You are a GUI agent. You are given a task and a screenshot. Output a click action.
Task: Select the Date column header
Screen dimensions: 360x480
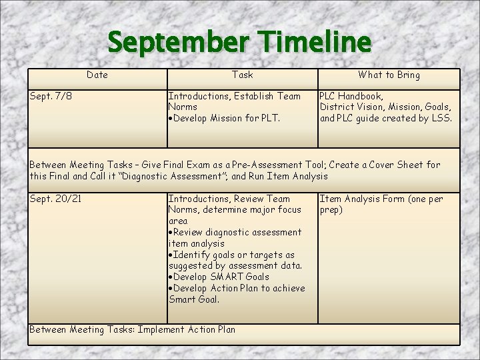coord(97,75)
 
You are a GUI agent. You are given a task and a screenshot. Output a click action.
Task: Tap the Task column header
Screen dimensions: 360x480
coord(243,75)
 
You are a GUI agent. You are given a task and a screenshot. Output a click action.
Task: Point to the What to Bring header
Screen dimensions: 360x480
coord(389,75)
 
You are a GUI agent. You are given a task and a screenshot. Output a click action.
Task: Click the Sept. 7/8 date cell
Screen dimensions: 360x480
coord(51,96)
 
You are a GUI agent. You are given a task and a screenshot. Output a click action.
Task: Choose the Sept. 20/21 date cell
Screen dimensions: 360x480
coord(56,199)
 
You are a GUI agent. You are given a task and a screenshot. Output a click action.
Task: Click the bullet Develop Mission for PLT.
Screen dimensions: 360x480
coord(225,119)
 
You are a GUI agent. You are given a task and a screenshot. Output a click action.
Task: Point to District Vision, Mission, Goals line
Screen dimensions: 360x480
coord(385,107)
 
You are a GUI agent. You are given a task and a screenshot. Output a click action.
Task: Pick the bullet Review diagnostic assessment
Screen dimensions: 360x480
coord(236,232)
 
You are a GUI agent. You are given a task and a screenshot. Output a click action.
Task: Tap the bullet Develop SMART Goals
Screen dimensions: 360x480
coord(220,277)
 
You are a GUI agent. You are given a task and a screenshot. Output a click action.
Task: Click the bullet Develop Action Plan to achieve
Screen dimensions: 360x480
coord(237,288)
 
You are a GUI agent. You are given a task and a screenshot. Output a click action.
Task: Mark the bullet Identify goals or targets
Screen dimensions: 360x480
coord(233,255)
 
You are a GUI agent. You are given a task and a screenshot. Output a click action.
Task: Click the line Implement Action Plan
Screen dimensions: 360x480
coord(186,329)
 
